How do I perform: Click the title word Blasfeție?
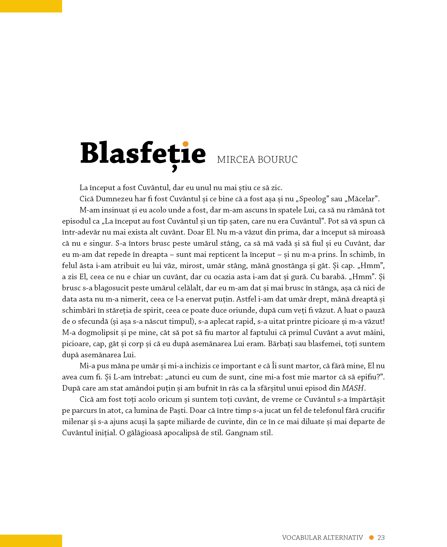click(143, 154)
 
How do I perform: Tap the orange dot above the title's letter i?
click(185, 144)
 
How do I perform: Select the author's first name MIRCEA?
click(236, 160)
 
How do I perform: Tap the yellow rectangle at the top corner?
click(31, 6)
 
